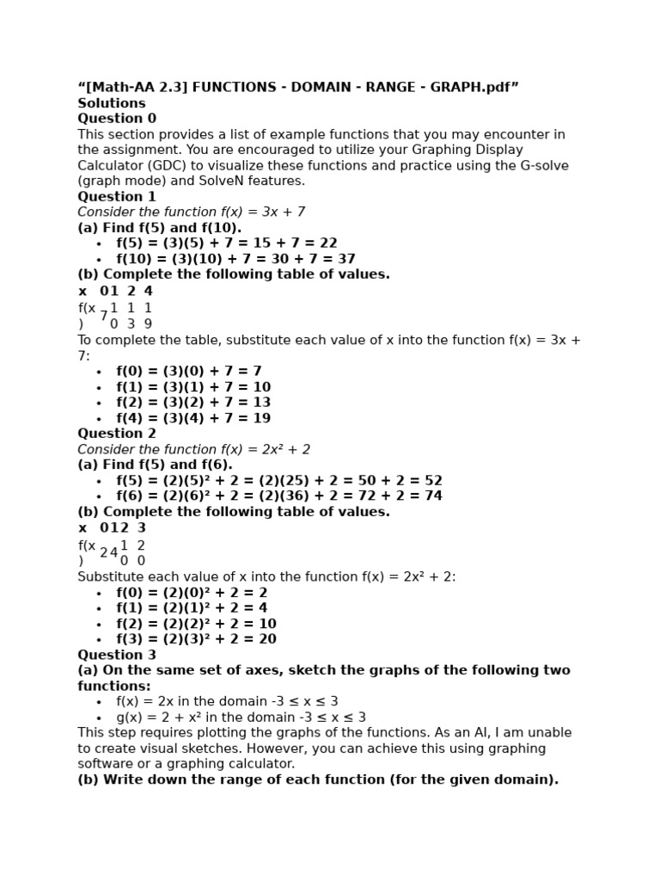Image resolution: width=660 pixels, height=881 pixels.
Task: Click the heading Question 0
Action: [x=117, y=119]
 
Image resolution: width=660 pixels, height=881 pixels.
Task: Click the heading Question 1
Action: [x=117, y=197]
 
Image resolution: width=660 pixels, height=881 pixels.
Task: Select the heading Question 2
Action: [x=117, y=434]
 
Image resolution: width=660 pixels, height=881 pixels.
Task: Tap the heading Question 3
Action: [x=117, y=655]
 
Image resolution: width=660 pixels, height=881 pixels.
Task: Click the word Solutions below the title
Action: [x=112, y=103]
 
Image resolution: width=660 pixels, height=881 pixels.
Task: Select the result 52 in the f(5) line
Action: [x=433, y=481]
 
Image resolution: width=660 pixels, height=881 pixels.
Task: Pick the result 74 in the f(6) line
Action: [x=433, y=496]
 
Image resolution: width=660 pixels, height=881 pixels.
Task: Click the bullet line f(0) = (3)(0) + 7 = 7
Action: [x=189, y=372]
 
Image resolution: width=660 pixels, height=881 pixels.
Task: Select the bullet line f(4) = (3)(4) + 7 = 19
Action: [x=193, y=418]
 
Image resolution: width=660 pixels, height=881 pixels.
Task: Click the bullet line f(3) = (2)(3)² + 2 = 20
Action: [x=196, y=639]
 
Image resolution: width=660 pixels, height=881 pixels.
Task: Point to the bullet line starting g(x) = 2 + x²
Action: [x=241, y=718]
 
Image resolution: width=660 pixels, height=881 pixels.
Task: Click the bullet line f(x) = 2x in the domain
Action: [x=227, y=701]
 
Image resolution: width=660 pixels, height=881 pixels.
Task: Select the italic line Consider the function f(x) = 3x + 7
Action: [x=191, y=213]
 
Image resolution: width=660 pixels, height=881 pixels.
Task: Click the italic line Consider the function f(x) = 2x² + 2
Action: [x=193, y=449]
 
